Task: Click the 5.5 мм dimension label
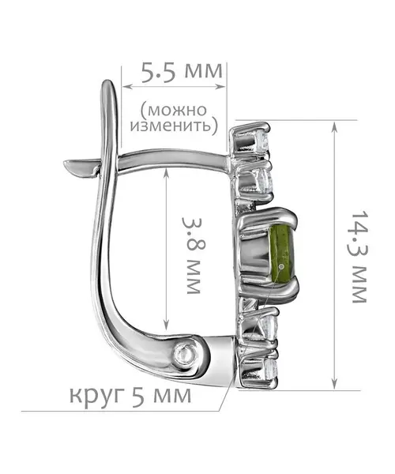click(182, 72)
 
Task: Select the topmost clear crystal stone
click(263, 140)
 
